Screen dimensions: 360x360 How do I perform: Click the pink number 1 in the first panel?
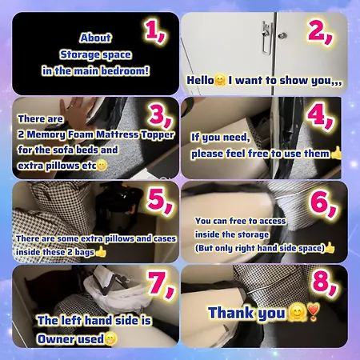pos(154,31)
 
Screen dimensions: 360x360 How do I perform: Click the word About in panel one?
pos(95,38)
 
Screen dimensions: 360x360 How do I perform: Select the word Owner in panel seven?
pos(57,338)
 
